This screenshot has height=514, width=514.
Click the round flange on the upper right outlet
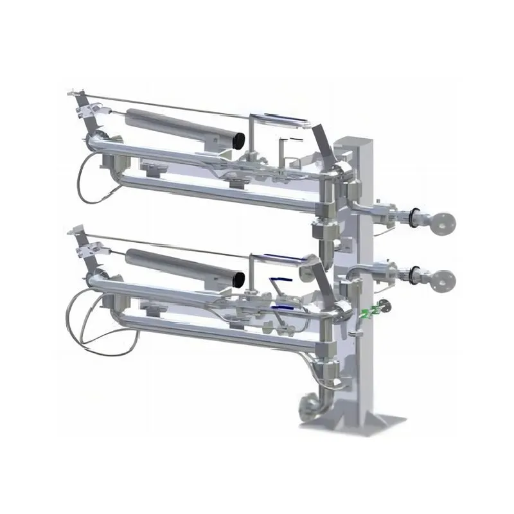444,222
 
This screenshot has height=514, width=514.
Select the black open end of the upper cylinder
238,138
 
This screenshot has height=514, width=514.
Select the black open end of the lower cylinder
238,279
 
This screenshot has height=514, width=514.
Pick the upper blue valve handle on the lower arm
278,281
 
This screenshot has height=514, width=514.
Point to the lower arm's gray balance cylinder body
180,265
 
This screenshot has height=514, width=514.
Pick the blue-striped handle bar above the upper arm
278,118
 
